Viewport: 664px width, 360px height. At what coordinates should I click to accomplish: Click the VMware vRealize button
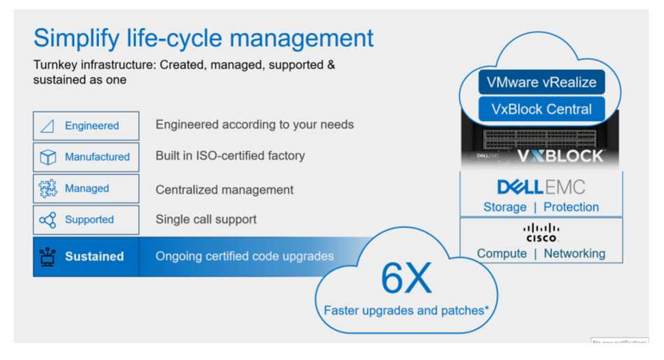point(542,82)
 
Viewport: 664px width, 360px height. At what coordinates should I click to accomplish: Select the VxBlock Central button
point(542,109)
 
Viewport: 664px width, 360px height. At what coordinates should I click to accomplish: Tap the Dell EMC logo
point(541,187)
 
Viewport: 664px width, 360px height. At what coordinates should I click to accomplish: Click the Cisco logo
point(541,233)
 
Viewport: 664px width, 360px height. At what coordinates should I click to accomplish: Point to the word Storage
point(505,207)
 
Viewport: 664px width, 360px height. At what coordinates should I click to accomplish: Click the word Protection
point(571,207)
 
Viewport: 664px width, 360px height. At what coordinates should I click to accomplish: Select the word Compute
point(502,253)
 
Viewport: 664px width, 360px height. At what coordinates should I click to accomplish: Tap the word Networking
point(575,253)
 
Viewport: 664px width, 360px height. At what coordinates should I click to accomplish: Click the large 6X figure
point(406,278)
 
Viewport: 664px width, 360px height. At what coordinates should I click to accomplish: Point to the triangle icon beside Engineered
point(47,126)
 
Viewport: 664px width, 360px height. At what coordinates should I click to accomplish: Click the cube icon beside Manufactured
point(48,157)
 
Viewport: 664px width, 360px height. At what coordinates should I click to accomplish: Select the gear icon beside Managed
point(48,189)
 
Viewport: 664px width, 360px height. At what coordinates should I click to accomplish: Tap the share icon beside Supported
point(48,219)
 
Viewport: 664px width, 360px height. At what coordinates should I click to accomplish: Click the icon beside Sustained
point(48,257)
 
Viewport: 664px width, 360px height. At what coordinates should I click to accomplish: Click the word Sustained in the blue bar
point(94,257)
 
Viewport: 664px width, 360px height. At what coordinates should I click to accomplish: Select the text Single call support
point(205,219)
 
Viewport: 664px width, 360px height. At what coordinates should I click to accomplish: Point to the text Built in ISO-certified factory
point(230,156)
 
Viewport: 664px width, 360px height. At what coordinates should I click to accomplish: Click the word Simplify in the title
point(77,38)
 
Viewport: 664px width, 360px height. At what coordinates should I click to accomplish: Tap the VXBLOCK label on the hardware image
point(561,157)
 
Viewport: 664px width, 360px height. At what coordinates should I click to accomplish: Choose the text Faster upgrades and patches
point(405,310)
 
